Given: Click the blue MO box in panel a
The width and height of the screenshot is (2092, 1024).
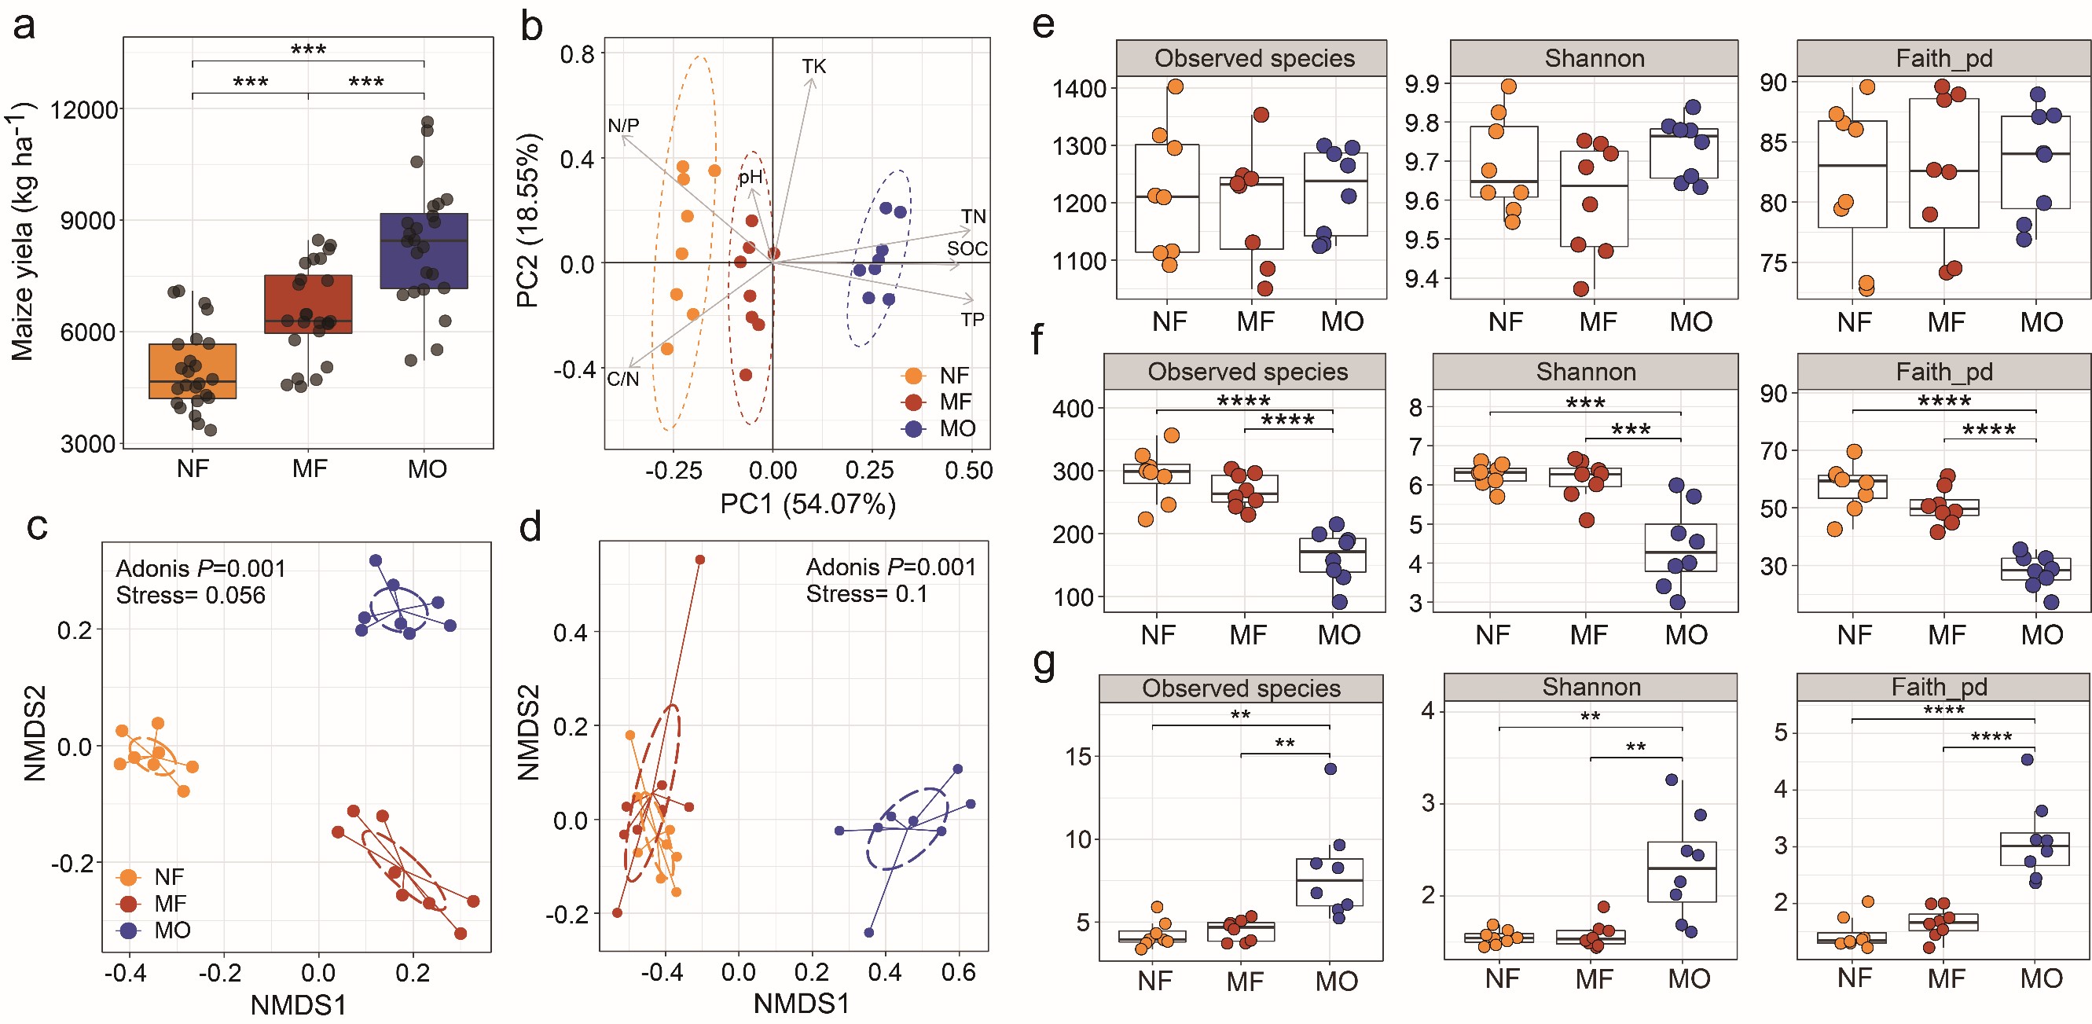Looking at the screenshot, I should point(424,251).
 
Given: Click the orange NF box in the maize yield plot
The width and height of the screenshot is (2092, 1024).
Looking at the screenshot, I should point(193,371).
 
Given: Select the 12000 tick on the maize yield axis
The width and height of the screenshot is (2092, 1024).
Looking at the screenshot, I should point(84,109).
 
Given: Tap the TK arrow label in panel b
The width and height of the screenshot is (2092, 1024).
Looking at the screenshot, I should point(813,67).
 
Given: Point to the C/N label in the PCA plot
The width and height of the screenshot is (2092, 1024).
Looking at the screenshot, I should point(623,380).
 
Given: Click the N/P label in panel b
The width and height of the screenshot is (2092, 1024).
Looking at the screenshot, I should point(624,126).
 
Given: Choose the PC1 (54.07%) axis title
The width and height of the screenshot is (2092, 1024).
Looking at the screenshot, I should point(808,505).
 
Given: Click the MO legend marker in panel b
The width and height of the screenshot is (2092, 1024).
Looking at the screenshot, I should point(914,429).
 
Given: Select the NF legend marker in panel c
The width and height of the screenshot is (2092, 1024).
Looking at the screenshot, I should point(128,877).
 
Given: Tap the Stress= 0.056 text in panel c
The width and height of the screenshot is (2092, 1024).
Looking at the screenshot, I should point(191,595).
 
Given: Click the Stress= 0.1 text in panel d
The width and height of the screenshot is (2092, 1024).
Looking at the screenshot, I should point(867,593).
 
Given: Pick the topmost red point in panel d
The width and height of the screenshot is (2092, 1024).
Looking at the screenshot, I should point(700,560).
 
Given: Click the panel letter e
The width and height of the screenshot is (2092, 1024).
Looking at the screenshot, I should point(1044,24).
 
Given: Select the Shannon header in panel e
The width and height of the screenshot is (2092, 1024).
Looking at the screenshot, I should point(1595,58).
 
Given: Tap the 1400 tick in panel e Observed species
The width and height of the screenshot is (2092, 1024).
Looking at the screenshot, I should point(1079,89).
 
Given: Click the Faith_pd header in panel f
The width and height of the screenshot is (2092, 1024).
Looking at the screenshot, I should point(1944,372).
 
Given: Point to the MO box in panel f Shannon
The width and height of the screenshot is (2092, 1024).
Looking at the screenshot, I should point(1680,548).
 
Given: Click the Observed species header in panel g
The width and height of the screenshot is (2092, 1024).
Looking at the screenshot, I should point(1241,688).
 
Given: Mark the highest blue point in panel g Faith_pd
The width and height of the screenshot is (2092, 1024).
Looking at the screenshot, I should point(2027,759).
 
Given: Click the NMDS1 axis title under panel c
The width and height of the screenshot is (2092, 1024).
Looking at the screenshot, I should point(298,1005).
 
